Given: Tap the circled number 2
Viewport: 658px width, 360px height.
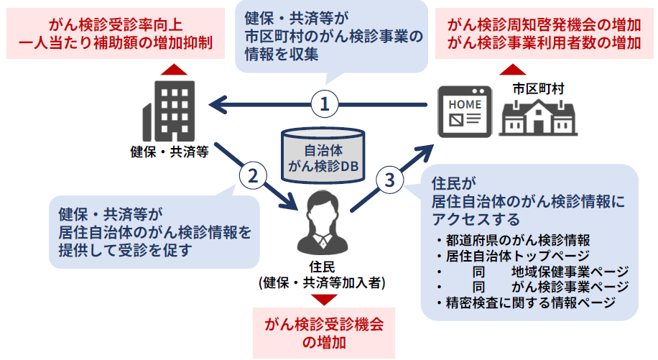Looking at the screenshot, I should pyautogui.click(x=252, y=175).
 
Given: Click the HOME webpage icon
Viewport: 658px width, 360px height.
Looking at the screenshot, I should pyautogui.click(x=465, y=111).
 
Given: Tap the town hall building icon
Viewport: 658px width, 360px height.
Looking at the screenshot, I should pyautogui.click(x=539, y=116).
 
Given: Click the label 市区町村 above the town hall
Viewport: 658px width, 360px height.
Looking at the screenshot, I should pyautogui.click(x=538, y=88).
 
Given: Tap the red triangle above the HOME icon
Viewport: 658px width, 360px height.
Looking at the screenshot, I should pyautogui.click(x=513, y=69).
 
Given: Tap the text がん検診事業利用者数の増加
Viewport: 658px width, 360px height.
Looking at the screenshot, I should pyautogui.click(x=544, y=42).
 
